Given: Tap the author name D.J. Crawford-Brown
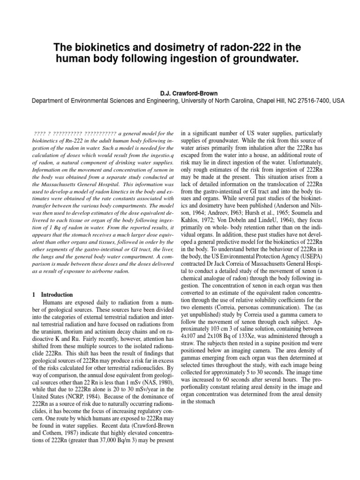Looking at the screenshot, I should pyautogui.click(x=180, y=93).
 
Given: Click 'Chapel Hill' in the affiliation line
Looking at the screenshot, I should pyautogui.click(x=248, y=101).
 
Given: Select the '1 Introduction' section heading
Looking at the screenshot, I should pyautogui.click(x=52, y=295).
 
